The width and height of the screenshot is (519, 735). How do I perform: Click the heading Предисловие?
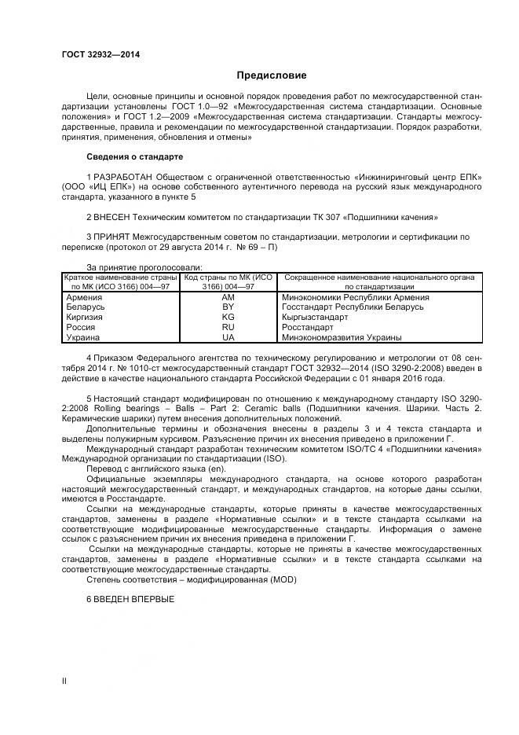272,75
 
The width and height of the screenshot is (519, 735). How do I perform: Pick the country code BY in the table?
228,307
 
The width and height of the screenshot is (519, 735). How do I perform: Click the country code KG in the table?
228,318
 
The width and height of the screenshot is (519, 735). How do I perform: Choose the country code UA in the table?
228,337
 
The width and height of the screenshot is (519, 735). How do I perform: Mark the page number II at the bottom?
65,682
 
